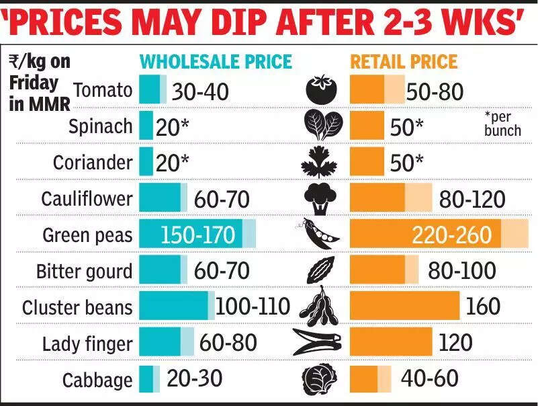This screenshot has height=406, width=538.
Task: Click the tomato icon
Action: coord(320,89)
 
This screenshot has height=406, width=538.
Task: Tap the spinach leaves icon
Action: coord(320,125)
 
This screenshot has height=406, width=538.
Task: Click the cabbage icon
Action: coord(320,379)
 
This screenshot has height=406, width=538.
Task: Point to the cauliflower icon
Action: coord(320,198)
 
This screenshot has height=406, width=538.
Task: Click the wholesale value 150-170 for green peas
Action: coord(197,235)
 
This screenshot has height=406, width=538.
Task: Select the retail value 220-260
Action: coord(456,235)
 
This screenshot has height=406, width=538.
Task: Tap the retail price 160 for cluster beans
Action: coord(483,307)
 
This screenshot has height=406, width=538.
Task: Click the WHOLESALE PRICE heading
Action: coord(216,62)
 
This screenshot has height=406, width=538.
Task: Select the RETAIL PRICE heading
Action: coord(404,62)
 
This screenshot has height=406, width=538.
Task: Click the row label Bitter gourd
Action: coord(85,272)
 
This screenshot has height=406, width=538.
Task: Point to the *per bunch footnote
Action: coord(502,124)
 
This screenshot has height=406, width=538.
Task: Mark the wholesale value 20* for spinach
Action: coord(173,126)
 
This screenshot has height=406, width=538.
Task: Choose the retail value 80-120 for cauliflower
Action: coord(472,200)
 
